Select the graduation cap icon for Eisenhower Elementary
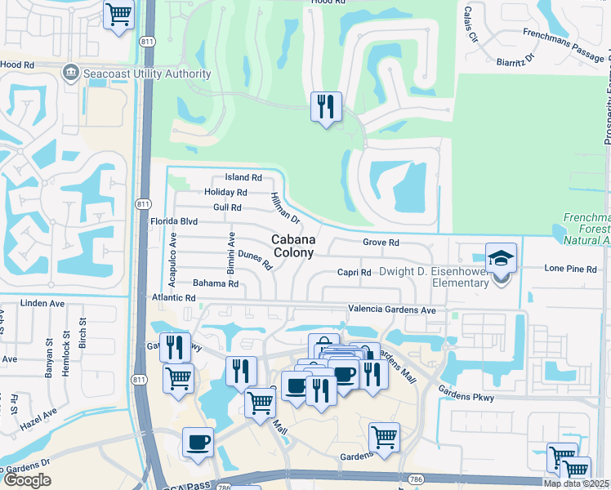click(502, 259)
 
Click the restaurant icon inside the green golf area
click(326, 105)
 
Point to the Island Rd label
click(243, 177)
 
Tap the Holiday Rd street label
click(225, 192)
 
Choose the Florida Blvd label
click(174, 221)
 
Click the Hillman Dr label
click(285, 208)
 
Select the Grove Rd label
click(381, 243)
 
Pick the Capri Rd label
click(355, 273)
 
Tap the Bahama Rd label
click(215, 283)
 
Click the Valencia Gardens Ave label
click(392, 310)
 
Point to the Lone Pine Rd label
click(570, 269)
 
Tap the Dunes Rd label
click(255, 261)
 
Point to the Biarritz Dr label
click(515, 60)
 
